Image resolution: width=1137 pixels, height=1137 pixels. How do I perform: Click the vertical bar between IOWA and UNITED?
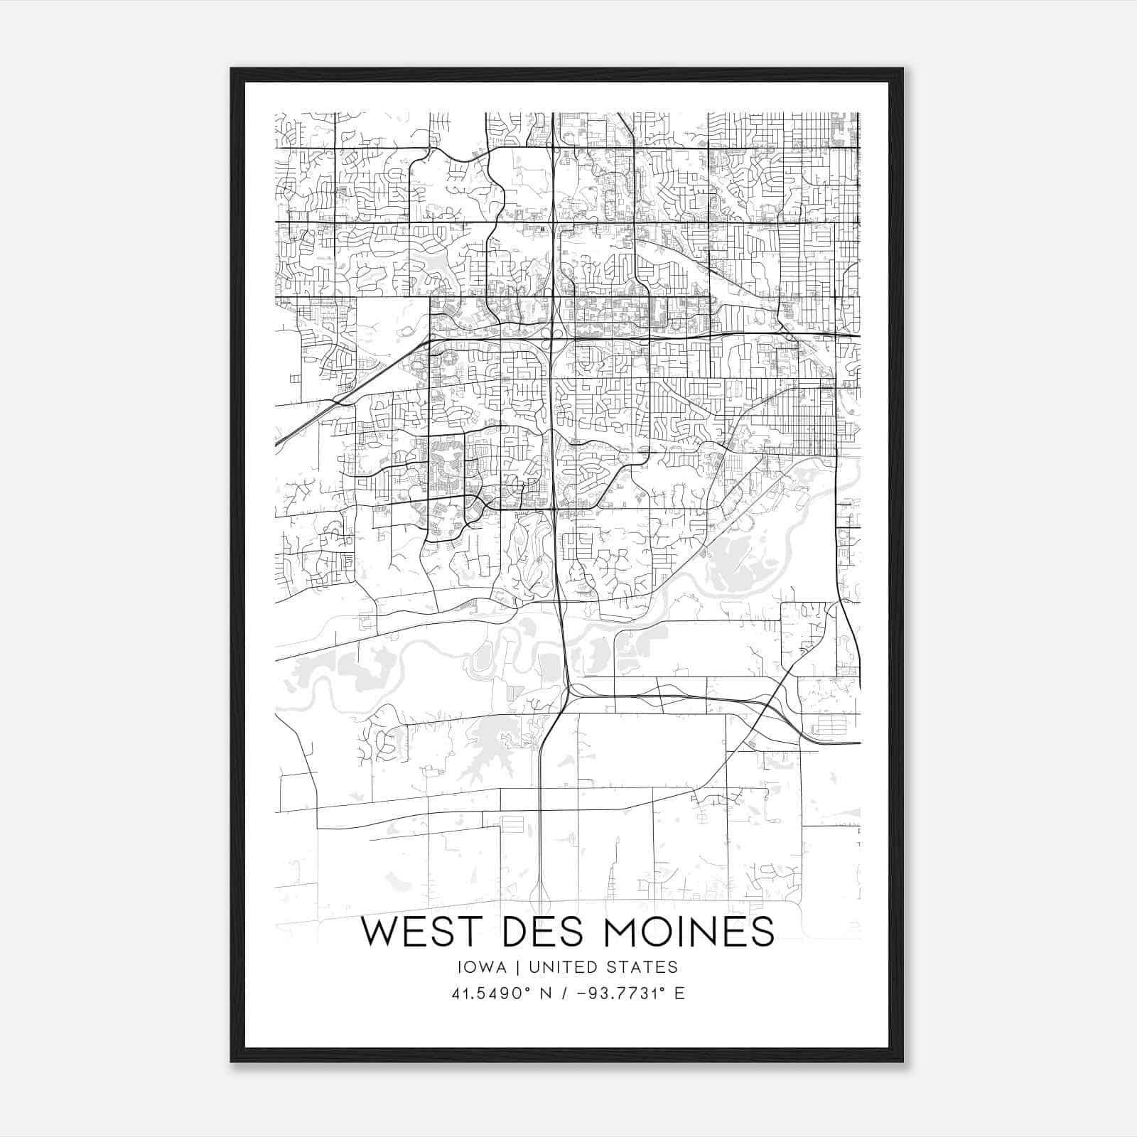coord(518,967)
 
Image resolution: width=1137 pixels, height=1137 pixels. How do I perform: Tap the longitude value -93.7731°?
coord(615,993)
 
